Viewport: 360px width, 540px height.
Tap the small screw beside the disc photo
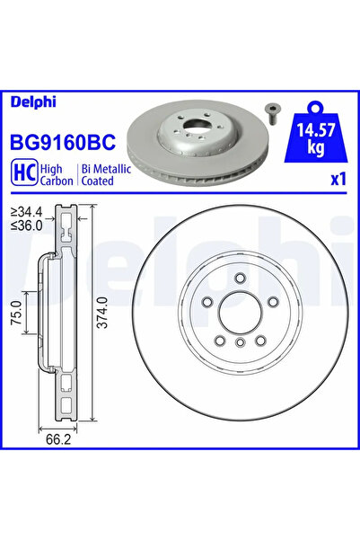pos(270,112)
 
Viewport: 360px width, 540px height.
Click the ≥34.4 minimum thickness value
pos(27,212)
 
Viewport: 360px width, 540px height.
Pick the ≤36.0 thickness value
pos(27,225)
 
